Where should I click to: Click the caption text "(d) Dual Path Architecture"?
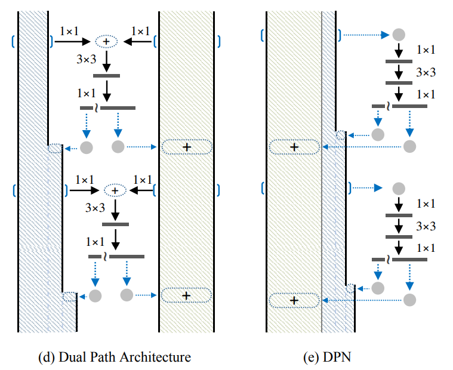coord(115,357)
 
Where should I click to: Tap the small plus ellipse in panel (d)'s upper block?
coord(107,41)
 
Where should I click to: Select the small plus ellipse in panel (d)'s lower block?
coord(115,190)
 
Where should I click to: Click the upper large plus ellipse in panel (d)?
coord(186,146)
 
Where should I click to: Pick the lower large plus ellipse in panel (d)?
coord(186,295)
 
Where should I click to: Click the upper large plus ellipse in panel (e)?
coord(294,146)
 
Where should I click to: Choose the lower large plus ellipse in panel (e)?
coord(294,300)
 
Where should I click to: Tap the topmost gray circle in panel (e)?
coord(398,35)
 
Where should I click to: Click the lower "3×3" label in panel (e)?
coord(426,226)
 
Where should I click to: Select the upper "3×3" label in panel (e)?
coord(426,72)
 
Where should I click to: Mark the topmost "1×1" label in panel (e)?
coord(426,50)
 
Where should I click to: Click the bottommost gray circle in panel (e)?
coord(409,300)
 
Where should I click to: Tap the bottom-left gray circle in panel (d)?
coord(95,295)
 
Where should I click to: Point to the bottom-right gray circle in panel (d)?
coord(127,295)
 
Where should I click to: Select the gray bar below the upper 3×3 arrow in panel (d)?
coord(107,75)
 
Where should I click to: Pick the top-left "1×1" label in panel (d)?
coord(69,30)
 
